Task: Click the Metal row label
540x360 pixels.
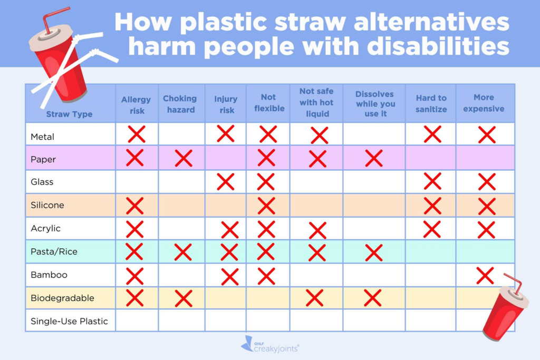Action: [43, 137]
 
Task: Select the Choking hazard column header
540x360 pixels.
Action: [179, 104]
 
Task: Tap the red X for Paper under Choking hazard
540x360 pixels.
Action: [183, 158]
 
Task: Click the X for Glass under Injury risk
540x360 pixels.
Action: [225, 182]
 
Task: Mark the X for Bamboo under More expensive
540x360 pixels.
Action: [485, 275]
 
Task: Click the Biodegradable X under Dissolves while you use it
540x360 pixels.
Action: [373, 298]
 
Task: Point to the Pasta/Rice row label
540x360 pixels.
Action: [54, 251]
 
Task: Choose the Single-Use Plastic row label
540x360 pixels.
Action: [69, 321]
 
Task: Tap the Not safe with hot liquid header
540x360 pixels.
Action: [316, 102]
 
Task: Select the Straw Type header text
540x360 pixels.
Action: [69, 114]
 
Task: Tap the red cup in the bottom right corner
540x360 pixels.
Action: [505, 311]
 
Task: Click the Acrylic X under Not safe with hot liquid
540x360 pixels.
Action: [317, 230]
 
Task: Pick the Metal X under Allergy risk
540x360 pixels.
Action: [136, 134]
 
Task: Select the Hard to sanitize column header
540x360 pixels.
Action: [431, 103]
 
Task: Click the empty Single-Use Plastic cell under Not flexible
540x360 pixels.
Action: [268, 320]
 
